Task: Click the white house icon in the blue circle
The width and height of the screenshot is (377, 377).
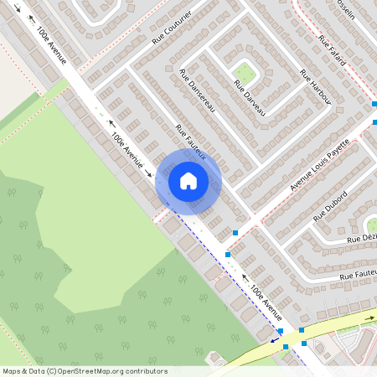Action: [188, 181]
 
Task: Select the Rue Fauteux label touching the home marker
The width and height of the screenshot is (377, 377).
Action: [192, 144]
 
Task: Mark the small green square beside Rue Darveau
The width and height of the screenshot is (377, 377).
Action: [245, 71]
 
